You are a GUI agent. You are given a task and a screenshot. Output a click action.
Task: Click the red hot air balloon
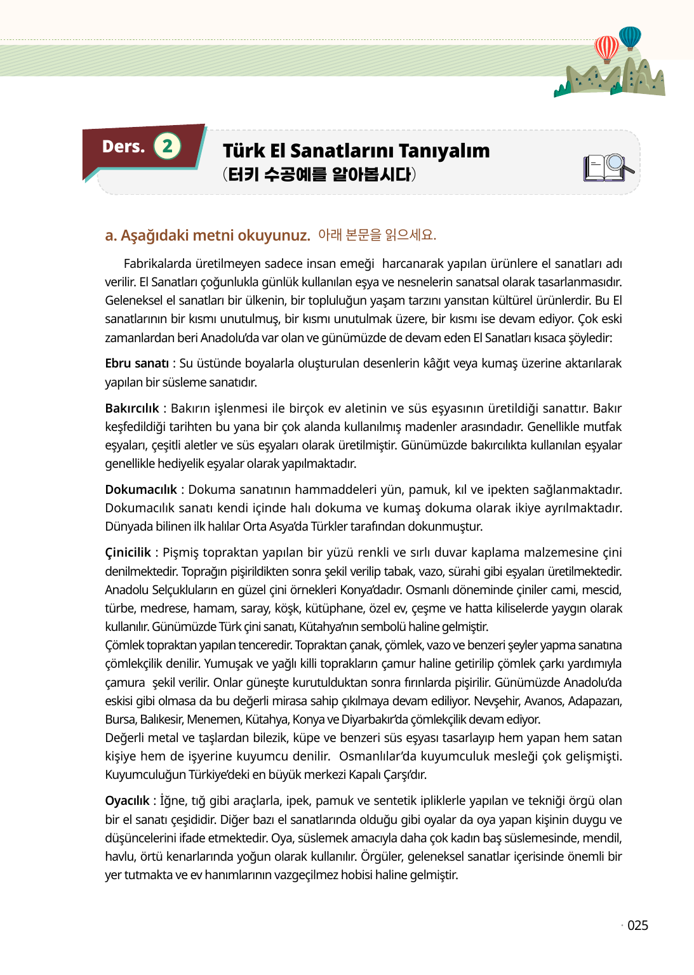pos(606,48)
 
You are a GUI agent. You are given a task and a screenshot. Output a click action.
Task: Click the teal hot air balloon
pos(630,37)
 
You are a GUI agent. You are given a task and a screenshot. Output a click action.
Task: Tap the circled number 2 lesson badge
pos(167,146)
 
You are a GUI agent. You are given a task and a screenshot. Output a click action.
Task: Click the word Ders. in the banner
pos(123,147)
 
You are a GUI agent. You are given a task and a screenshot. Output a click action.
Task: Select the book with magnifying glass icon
pos(608,168)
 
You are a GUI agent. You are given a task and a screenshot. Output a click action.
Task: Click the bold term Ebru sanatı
pos(137,363)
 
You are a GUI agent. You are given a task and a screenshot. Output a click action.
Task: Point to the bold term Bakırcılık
pos(131,408)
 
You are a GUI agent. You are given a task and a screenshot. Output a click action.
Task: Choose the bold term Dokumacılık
pos(141,489)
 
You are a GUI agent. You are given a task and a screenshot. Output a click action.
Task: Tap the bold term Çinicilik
pos(128,552)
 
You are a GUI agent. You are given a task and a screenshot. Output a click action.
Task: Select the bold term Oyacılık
pos(127,800)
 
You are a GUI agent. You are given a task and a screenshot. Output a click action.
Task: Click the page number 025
pos(637,925)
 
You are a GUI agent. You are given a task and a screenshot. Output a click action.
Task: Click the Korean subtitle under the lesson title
pos(319,174)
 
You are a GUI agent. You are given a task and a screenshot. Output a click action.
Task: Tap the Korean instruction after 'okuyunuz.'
pos(377,235)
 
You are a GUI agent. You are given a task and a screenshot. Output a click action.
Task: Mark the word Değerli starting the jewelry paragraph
pos(125,738)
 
